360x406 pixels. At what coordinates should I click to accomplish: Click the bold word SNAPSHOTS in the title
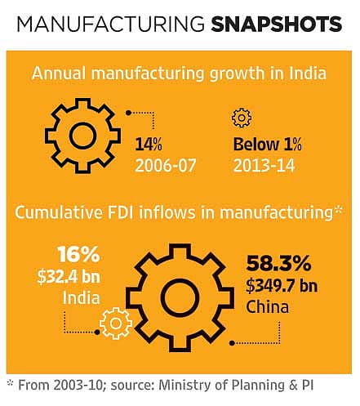(x=277, y=24)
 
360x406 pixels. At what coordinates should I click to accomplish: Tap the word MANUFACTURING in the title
(x=111, y=24)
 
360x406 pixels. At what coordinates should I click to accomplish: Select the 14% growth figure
(x=149, y=144)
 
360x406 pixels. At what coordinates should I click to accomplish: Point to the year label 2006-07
(x=166, y=166)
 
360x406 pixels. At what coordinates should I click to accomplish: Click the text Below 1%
(x=268, y=144)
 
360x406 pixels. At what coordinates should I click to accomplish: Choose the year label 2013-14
(x=264, y=166)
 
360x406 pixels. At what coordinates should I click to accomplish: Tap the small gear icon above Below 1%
(x=242, y=118)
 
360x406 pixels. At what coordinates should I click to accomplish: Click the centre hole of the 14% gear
(x=82, y=136)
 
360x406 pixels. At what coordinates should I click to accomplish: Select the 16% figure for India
(x=78, y=255)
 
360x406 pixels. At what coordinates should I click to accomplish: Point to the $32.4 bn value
(x=69, y=277)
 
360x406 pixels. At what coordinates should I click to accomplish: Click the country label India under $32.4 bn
(x=82, y=297)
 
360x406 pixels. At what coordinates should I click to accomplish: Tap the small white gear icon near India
(x=116, y=323)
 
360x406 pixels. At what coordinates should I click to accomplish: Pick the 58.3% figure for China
(x=278, y=263)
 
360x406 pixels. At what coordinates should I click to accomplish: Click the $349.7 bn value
(x=282, y=286)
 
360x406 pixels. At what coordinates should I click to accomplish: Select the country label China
(x=267, y=307)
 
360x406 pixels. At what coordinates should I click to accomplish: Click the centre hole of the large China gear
(x=180, y=297)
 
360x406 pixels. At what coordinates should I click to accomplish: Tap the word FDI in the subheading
(x=120, y=212)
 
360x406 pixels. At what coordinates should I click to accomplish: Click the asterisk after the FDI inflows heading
(x=338, y=211)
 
